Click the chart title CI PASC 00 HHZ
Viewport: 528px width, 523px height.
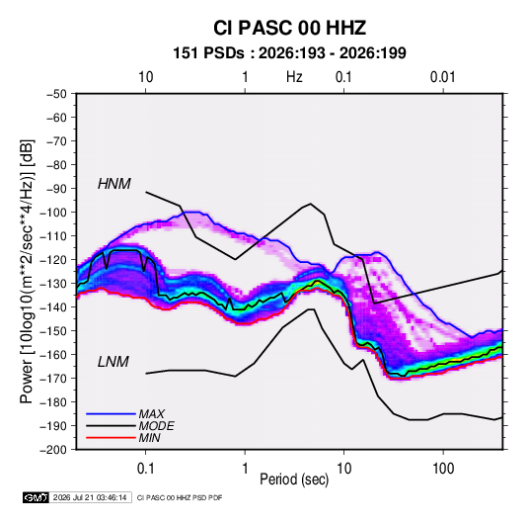(x=289, y=28)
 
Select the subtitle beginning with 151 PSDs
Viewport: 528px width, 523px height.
(x=289, y=53)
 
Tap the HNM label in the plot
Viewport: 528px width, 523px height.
(x=114, y=184)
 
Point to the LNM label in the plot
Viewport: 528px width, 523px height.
(x=113, y=362)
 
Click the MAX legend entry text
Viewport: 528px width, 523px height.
(x=152, y=413)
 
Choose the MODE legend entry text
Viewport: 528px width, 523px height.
(x=157, y=426)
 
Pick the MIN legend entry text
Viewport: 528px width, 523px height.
(x=149, y=438)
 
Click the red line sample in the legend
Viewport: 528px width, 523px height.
(x=111, y=438)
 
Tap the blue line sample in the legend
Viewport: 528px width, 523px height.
(x=111, y=413)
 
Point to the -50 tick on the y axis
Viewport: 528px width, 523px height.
(x=56, y=94)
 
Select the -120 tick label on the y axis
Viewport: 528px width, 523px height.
(x=53, y=260)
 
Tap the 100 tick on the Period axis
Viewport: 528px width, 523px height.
(x=443, y=469)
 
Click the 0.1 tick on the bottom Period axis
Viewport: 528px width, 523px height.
(x=145, y=469)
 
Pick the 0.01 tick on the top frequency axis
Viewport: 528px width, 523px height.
(x=442, y=77)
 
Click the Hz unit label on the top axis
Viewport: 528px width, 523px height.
(x=294, y=77)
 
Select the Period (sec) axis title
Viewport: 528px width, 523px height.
(x=294, y=479)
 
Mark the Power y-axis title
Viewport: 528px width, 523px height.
(x=27, y=271)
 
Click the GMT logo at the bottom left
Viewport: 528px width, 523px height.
(x=36, y=497)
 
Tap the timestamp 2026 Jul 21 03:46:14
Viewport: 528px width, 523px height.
(x=90, y=497)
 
